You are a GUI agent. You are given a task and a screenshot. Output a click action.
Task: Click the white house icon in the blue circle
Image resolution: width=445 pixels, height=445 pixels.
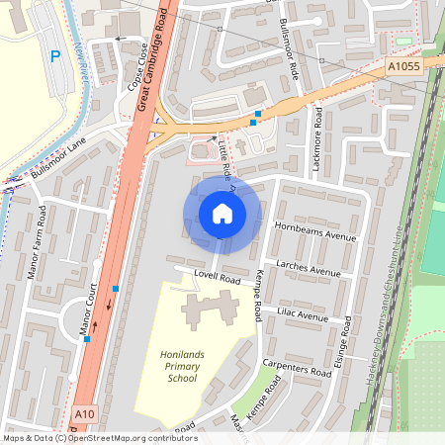pos(222,213)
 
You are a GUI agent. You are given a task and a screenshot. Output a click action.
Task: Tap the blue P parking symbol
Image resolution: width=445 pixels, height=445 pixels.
pos(55,56)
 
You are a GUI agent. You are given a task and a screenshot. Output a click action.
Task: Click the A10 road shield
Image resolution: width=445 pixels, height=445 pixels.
pos(86,414)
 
